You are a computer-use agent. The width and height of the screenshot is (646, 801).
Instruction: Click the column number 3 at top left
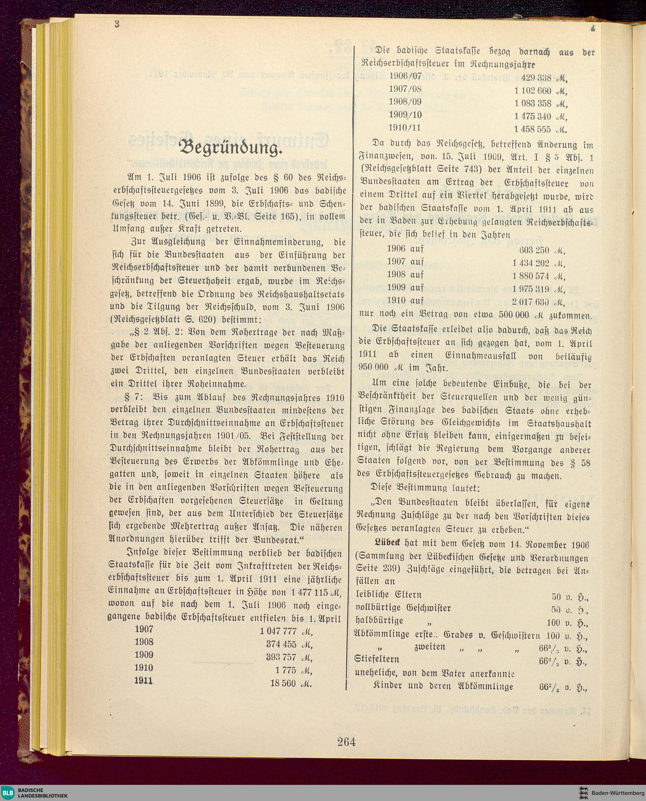click(117, 25)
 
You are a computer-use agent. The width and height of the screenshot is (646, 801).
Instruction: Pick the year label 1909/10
click(406, 115)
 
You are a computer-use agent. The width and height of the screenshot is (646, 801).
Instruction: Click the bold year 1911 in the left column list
click(144, 681)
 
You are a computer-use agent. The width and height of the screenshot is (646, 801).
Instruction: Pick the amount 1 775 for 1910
click(286, 670)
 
